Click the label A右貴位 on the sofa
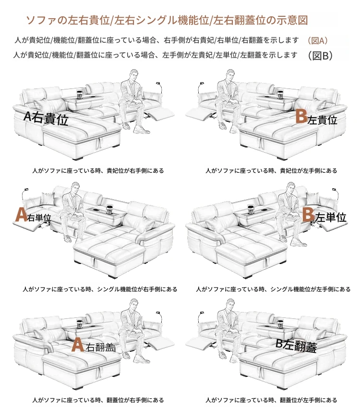(46, 119)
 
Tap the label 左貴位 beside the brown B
(322, 120)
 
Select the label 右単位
(39, 217)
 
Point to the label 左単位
(331, 217)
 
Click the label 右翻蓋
(100, 347)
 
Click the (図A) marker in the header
(317, 41)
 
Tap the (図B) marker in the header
(320, 55)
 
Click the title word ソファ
(41, 20)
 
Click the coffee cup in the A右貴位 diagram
(79, 95)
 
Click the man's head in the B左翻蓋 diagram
(230, 305)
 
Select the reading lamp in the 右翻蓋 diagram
(159, 317)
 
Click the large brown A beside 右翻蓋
(77, 345)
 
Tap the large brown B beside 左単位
(308, 215)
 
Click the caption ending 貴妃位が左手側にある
(271, 171)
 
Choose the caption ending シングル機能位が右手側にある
(100, 289)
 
